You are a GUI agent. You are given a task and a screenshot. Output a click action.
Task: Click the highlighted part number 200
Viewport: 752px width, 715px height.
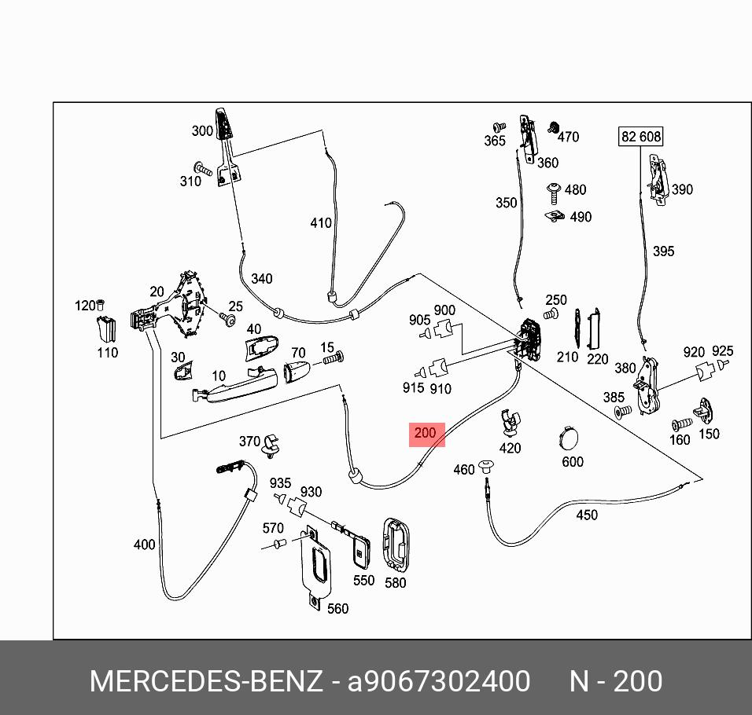pyautogui.click(x=426, y=434)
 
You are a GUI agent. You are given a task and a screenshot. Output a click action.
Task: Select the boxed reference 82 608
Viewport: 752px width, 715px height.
pyautogui.click(x=641, y=137)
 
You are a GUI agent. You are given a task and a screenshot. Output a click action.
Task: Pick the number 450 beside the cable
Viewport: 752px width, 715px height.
pyautogui.click(x=587, y=515)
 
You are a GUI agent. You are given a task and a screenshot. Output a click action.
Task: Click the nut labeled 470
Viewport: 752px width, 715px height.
pyautogui.click(x=553, y=126)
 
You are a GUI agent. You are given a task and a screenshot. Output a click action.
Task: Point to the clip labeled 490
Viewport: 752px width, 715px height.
pyautogui.click(x=555, y=214)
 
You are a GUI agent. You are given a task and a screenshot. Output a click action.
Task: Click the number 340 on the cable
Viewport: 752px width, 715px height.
pyautogui.click(x=261, y=279)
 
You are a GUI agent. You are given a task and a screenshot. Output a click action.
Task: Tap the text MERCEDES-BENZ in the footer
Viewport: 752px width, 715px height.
pyautogui.click(x=205, y=681)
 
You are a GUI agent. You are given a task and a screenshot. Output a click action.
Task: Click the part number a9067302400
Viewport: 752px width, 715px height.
pyautogui.click(x=439, y=681)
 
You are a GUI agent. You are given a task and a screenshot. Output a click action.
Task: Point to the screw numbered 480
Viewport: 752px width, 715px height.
pyautogui.click(x=554, y=190)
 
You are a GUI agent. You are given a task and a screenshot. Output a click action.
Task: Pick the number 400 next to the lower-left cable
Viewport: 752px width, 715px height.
pyautogui.click(x=145, y=544)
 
